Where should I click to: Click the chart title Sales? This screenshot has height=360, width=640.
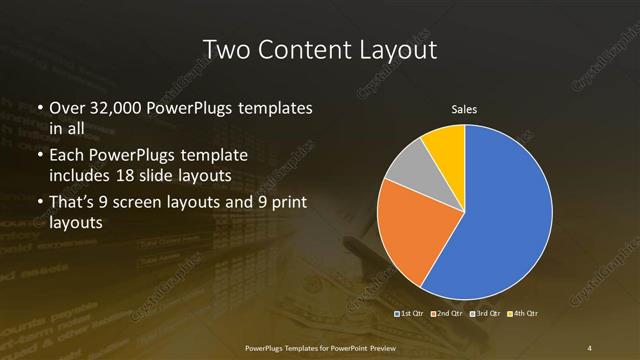point(464,107)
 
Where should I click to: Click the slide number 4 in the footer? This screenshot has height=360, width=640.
point(590,347)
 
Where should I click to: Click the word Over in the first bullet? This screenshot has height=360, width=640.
point(67,107)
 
